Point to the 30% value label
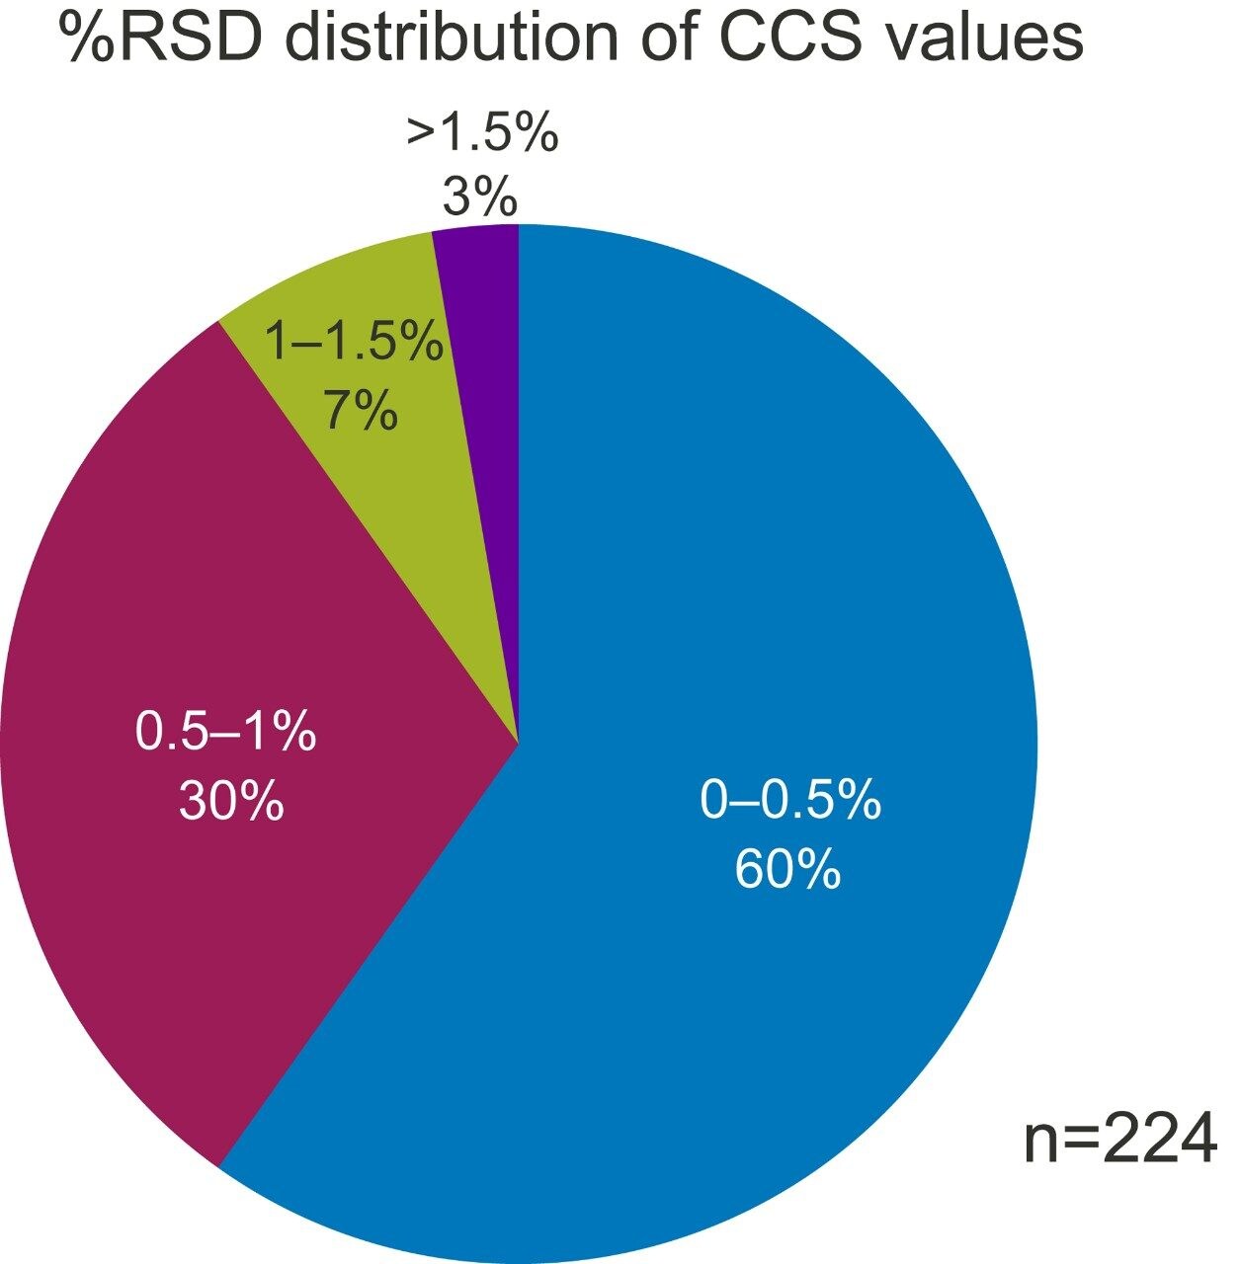pyautogui.click(x=231, y=801)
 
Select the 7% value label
pyautogui.click(x=361, y=410)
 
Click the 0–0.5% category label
pyautogui.click(x=789, y=800)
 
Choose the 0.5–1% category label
pyautogui.click(x=225, y=734)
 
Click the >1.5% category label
pyautogui.click(x=482, y=133)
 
